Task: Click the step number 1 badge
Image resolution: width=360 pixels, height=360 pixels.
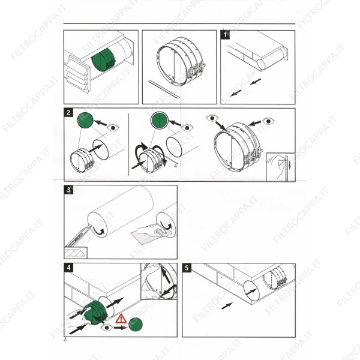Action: click(x=225, y=35)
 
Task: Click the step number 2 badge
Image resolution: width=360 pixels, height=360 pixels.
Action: click(x=70, y=113)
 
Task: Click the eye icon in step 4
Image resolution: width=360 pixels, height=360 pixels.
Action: click(x=106, y=328)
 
